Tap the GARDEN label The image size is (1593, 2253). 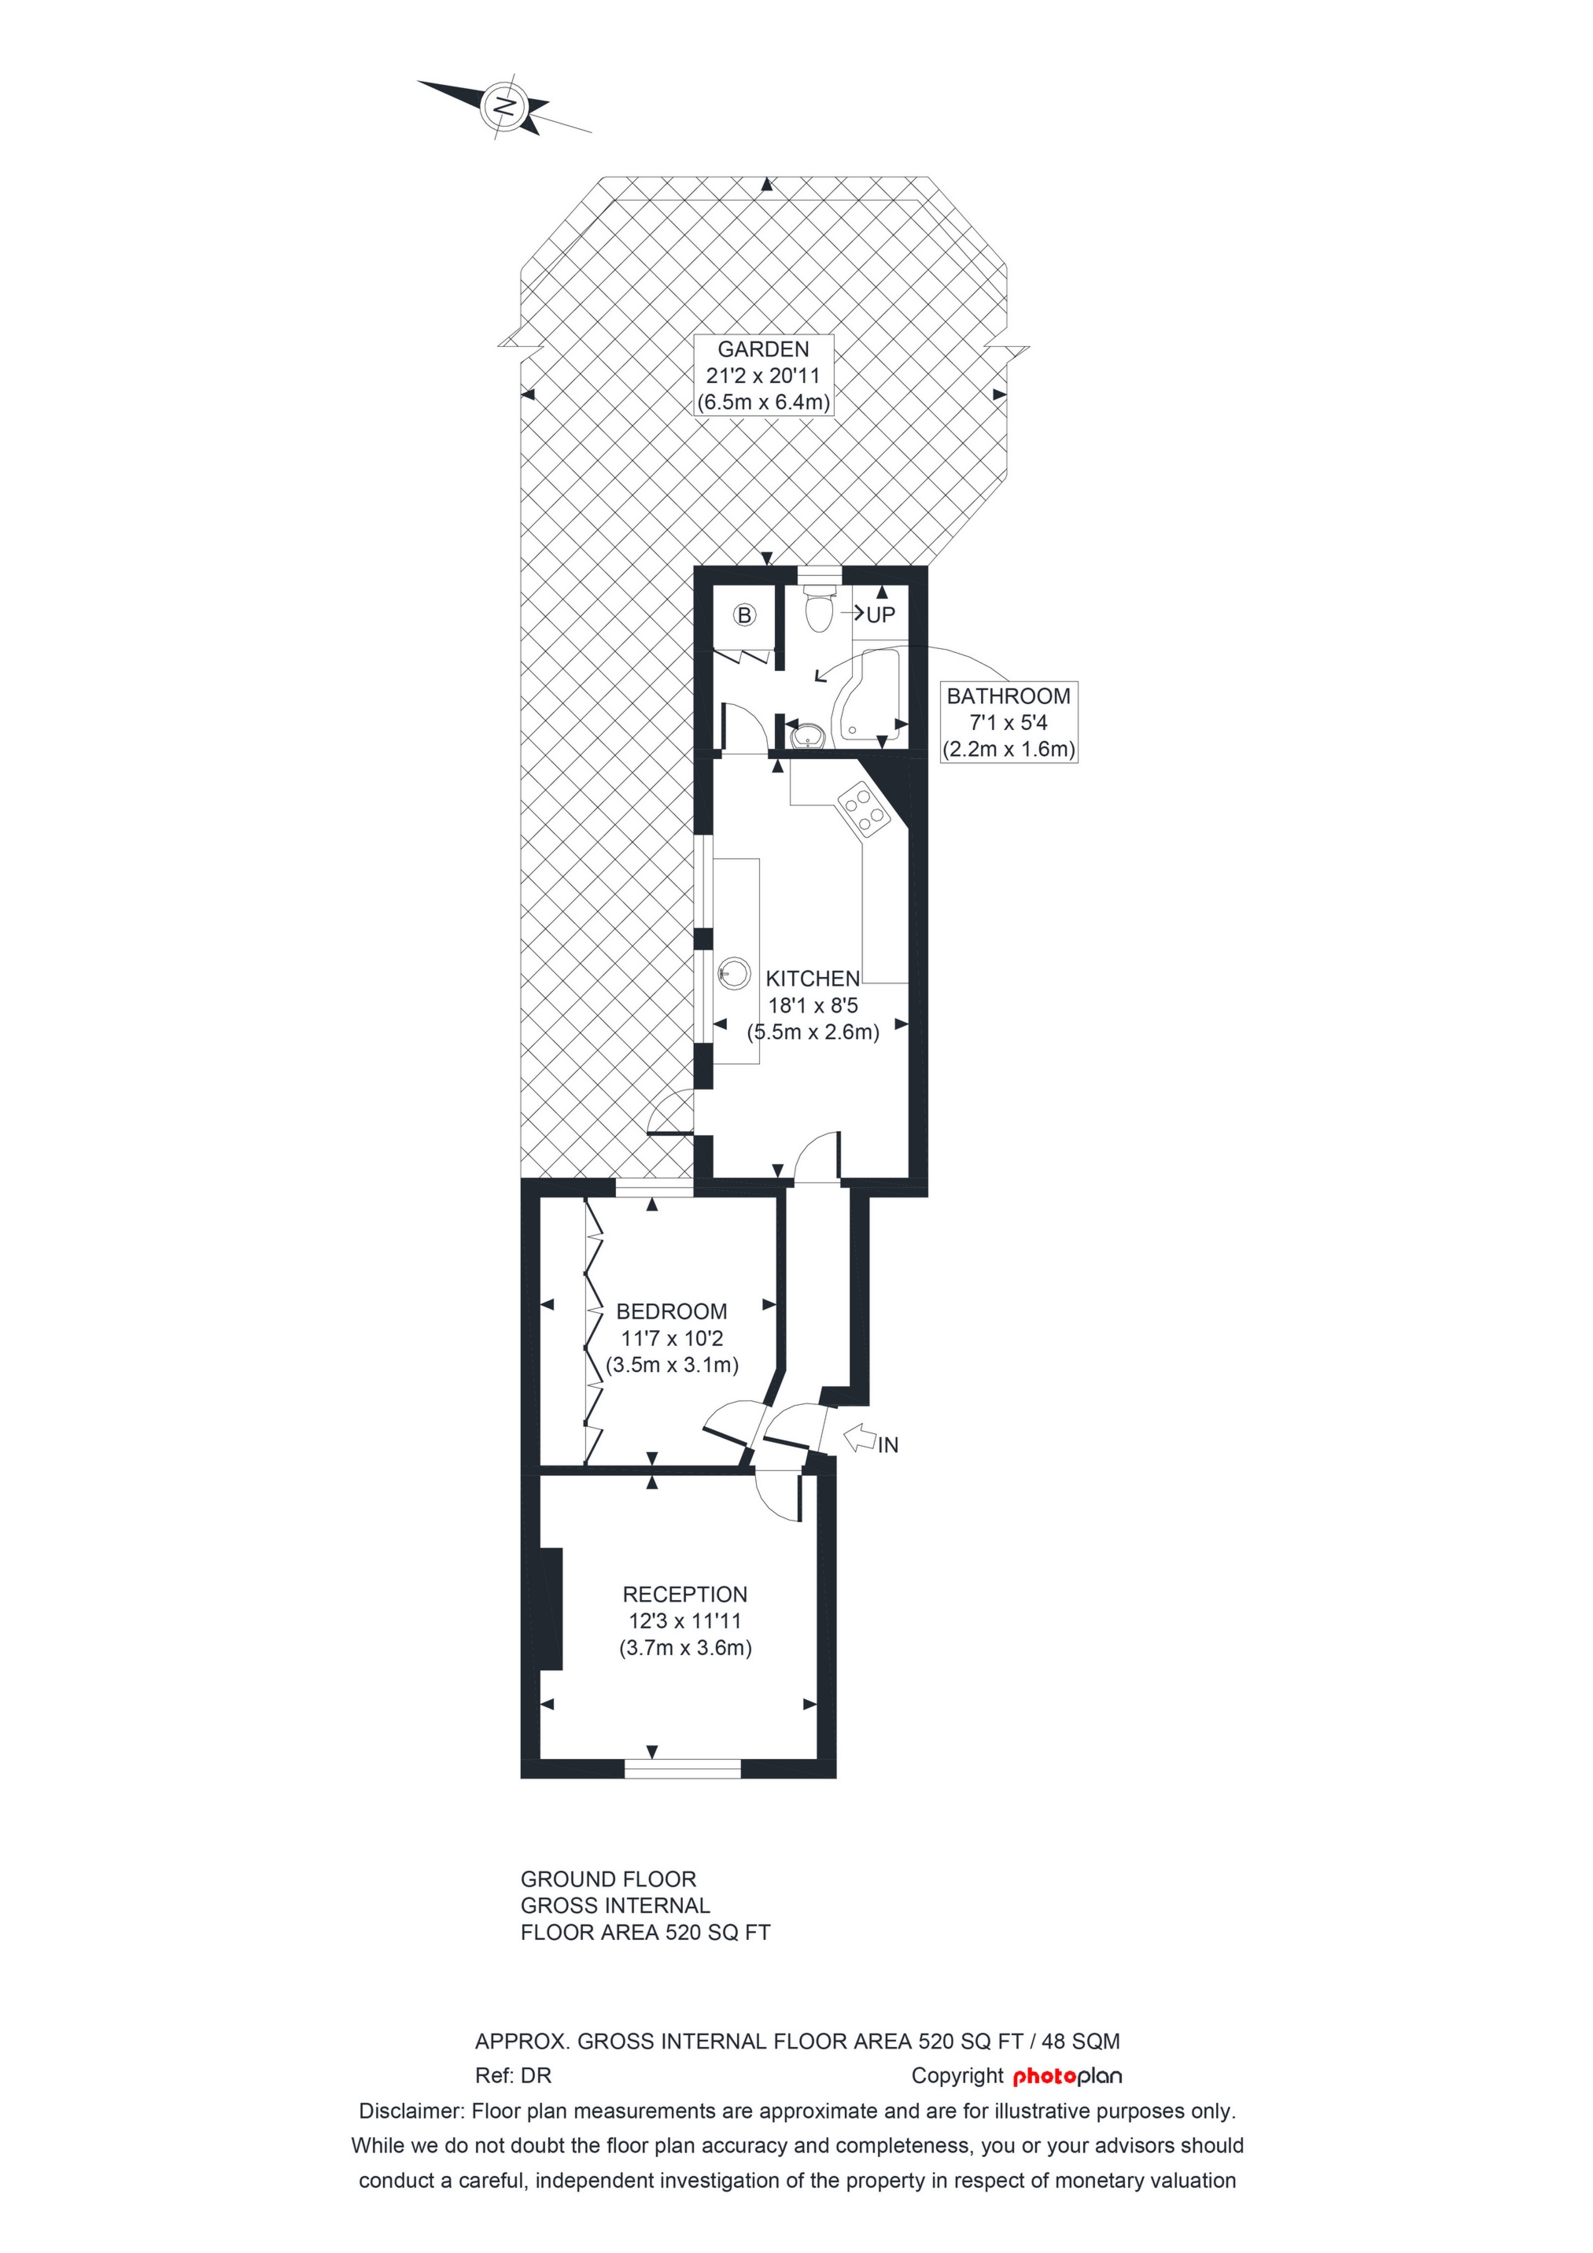764,349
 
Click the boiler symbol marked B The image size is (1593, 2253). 745,615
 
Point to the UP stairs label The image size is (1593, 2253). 880,615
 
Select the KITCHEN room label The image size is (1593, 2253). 813,979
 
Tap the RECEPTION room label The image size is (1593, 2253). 685,1595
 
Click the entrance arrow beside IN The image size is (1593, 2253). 860,1439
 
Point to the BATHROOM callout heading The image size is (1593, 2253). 1009,697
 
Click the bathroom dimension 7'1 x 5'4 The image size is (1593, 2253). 1009,723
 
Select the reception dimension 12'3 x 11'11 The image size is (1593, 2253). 685,1621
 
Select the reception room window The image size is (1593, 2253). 683,1768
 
